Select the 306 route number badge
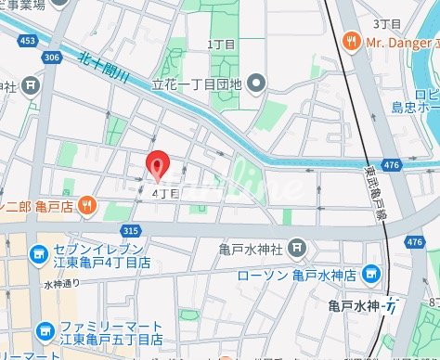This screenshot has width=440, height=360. [x=52, y=57]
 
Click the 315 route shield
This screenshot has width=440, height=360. [x=130, y=230]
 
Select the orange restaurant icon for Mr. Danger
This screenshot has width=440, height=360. [x=350, y=41]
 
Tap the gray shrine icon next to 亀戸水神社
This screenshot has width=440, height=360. [x=296, y=248]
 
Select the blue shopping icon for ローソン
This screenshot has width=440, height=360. [x=371, y=274]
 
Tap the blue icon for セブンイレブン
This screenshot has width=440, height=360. [x=38, y=253]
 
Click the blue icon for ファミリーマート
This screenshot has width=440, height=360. [x=43, y=330]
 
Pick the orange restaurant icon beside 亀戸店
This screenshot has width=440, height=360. [x=85, y=204]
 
